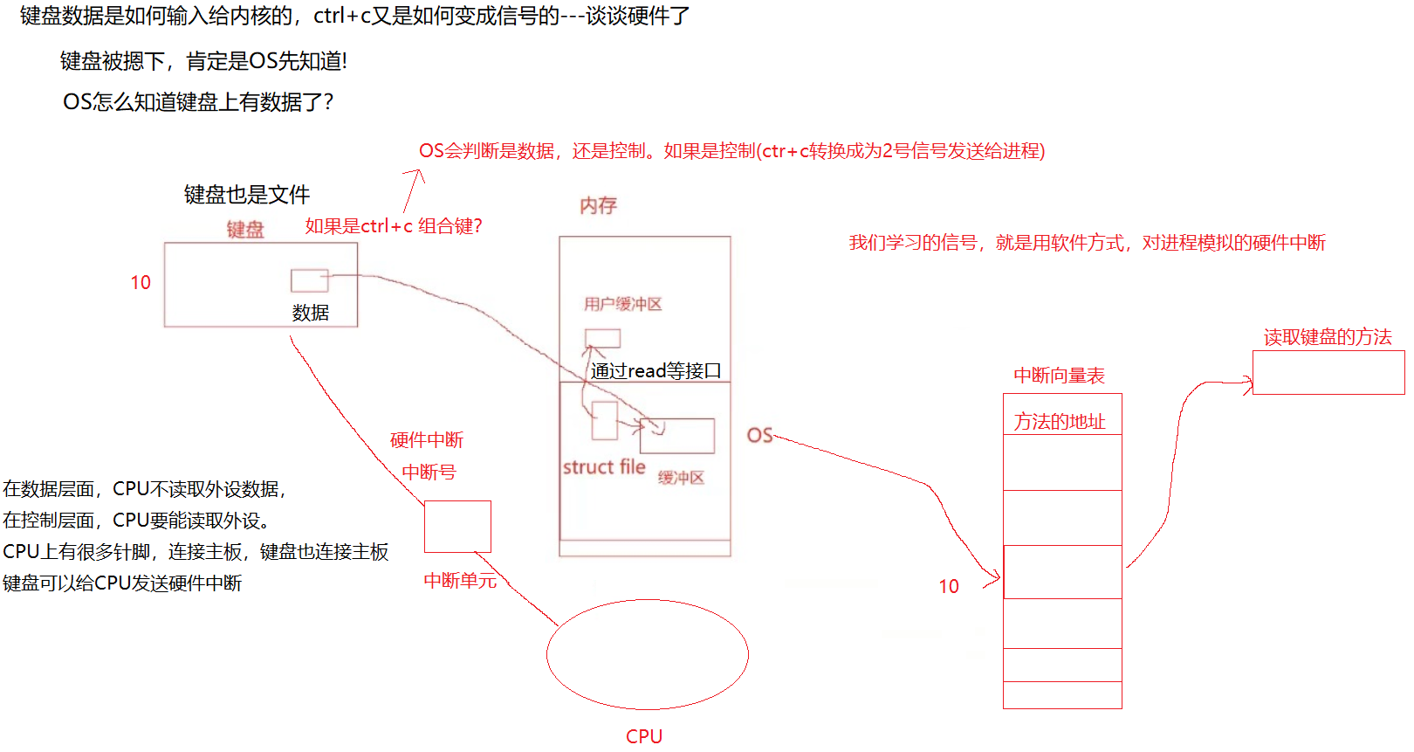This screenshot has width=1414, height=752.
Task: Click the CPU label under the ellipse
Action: pos(644,736)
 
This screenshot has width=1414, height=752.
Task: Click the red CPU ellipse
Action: pos(647,654)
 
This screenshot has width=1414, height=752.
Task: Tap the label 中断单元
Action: pos(460,581)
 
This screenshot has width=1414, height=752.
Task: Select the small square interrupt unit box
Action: pos(457,527)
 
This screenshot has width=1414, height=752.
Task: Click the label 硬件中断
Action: pos(427,440)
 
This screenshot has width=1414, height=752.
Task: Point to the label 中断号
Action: pos(429,473)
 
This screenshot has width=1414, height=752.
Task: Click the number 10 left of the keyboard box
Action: pos(141,283)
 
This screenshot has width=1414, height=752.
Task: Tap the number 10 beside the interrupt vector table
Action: pos(949,587)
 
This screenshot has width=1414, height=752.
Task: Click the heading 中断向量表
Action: pos(1059,376)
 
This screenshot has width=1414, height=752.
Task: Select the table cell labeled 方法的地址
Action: pos(1060,421)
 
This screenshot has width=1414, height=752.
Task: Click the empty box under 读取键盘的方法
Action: pos(1328,373)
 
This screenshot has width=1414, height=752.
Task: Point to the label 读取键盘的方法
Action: pos(1328,337)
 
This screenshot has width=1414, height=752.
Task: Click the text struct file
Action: pos(604,467)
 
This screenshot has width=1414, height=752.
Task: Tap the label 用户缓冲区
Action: pos(623,304)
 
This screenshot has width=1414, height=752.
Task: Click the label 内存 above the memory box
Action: pos(599,206)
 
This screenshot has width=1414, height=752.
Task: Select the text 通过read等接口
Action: pos(656,371)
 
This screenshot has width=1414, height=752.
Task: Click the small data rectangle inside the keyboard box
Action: pos(310,280)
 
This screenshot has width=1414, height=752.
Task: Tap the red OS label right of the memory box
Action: pos(759,435)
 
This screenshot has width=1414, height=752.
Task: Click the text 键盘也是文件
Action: pos(247,195)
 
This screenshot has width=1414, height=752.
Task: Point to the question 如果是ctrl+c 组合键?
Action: pos(394,226)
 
